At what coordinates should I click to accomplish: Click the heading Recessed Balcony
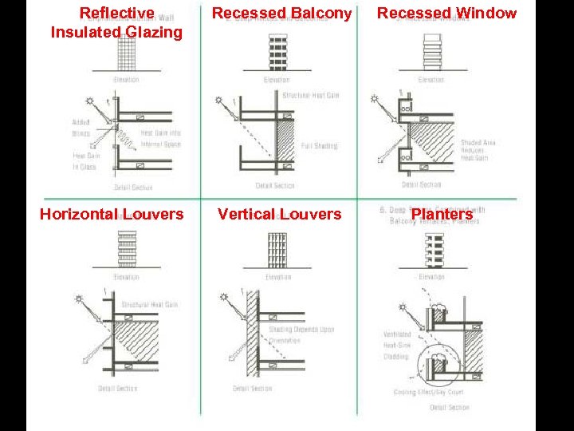coord(281,14)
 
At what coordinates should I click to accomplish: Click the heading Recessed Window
coord(446,14)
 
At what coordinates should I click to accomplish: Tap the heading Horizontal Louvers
coord(112,214)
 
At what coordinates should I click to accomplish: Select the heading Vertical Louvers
coord(279,214)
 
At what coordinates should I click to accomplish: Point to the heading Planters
coord(442,214)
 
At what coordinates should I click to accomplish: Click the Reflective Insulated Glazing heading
coord(116,23)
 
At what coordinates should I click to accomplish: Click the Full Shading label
coord(319,146)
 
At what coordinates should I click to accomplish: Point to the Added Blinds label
coord(81,128)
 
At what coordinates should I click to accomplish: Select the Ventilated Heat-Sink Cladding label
coord(397,346)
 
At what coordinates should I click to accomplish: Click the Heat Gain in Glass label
coord(85,161)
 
